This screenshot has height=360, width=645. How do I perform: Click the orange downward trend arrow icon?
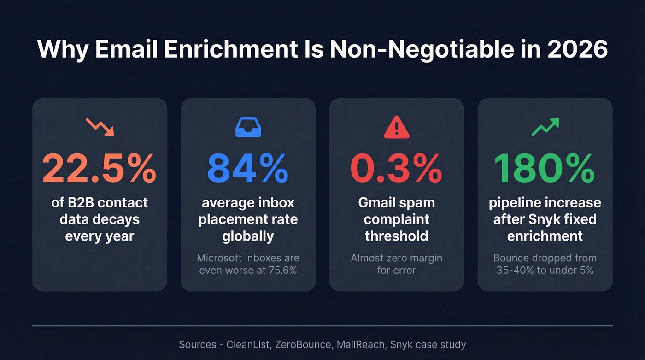[x=100, y=126]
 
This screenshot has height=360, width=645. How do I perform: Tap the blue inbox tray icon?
[x=248, y=127]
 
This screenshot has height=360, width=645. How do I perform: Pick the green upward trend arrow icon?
[x=545, y=127]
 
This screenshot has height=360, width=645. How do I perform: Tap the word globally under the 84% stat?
[x=248, y=236]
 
